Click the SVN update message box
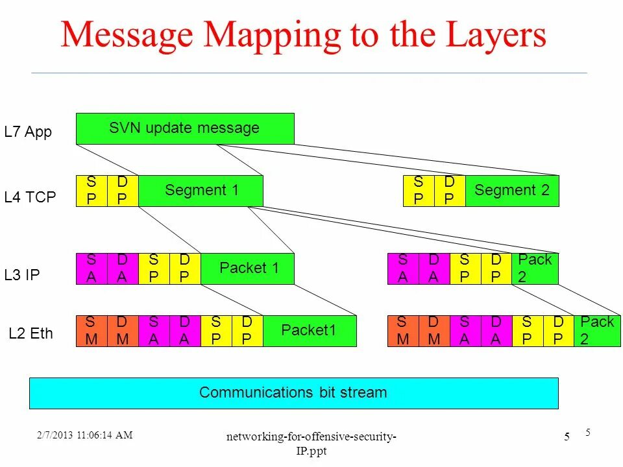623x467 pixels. tap(185, 128)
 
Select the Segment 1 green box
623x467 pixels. tap(201, 191)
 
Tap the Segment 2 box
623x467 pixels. tap(511, 191)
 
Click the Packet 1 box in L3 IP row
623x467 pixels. tap(248, 269)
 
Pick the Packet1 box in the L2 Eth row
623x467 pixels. tap(310, 331)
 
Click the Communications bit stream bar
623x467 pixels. tap(293, 393)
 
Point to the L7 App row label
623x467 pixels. tap(28, 132)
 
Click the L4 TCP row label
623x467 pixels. tap(30, 197)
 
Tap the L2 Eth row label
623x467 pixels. tap(31, 334)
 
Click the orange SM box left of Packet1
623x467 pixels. tap(92, 331)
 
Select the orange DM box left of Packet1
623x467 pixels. tap(123, 331)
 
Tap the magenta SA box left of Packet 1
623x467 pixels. tap(92, 269)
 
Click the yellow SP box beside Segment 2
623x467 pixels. tap(419, 191)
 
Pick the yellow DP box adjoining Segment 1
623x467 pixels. tap(123, 191)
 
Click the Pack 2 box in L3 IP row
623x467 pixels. tap(535, 269)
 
